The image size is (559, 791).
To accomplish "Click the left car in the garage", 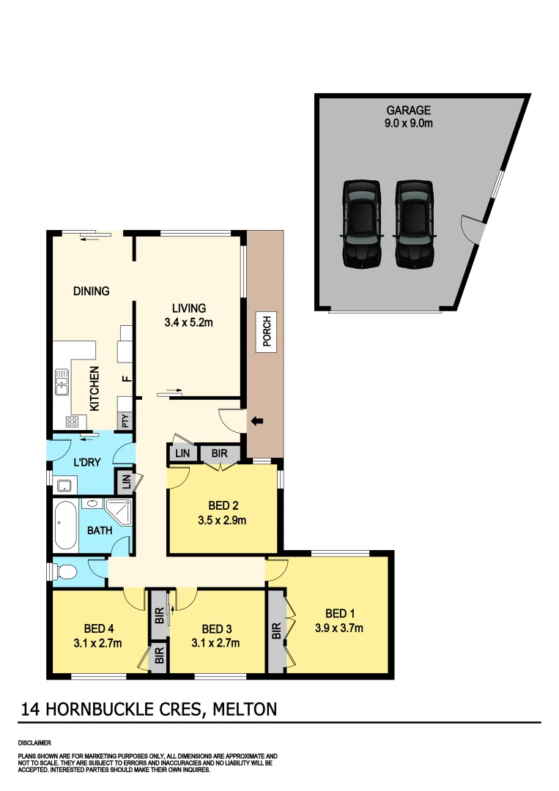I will pos(361,223).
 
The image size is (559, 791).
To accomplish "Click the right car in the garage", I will pos(415,223).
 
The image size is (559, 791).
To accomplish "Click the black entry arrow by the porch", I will pos(256,421).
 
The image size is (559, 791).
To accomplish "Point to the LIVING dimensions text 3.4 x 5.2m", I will pos(189,322).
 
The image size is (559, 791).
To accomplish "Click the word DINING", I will pos(91,291).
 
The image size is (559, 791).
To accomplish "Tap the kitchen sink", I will pos(61,381).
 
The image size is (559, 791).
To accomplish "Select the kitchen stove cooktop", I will pos(73,421).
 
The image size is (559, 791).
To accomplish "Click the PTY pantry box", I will pos(125,421).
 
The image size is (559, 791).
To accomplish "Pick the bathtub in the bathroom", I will pos(65,527).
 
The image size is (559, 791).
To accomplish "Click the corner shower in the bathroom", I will pos(119,511).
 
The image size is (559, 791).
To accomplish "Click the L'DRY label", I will pos(86,464).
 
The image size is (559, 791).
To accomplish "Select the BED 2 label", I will pos(223,506).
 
